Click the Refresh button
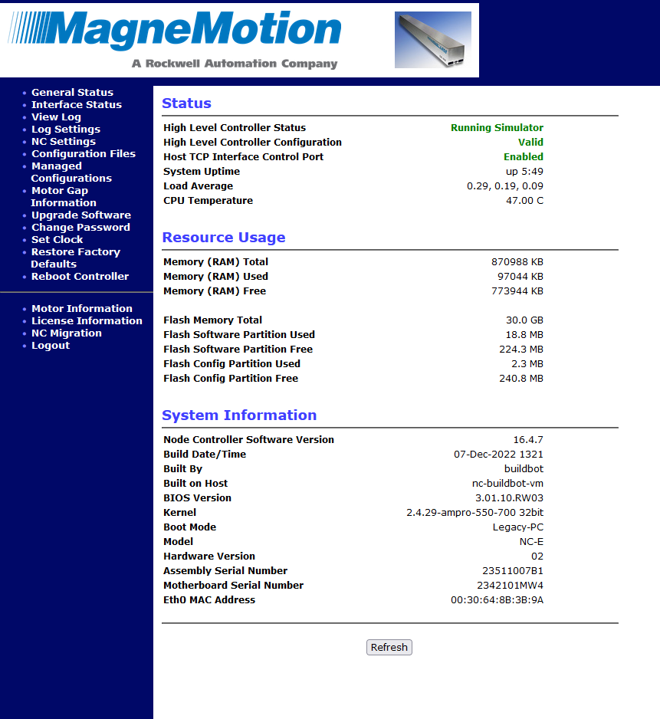pyautogui.click(x=389, y=648)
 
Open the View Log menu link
pyautogui.click(x=56, y=117)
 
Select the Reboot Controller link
pyautogui.click(x=80, y=277)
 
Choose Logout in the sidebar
pyautogui.click(x=51, y=346)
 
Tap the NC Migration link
pyautogui.click(x=66, y=333)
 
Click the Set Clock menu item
pyautogui.click(x=57, y=240)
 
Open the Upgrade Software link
pyautogui.click(x=80, y=215)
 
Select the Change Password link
pyautogui.click(x=80, y=228)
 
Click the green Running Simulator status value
pyautogui.click(x=497, y=128)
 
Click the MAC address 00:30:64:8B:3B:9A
pyautogui.click(x=497, y=600)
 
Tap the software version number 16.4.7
pyautogui.click(x=528, y=440)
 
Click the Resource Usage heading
pyautogui.click(x=224, y=238)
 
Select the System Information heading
pyautogui.click(x=239, y=415)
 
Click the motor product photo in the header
pyautogui.click(x=432, y=40)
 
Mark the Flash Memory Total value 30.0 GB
pyautogui.click(x=523, y=320)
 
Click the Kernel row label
pyautogui.click(x=179, y=513)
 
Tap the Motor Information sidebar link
pyautogui.click(x=81, y=309)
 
